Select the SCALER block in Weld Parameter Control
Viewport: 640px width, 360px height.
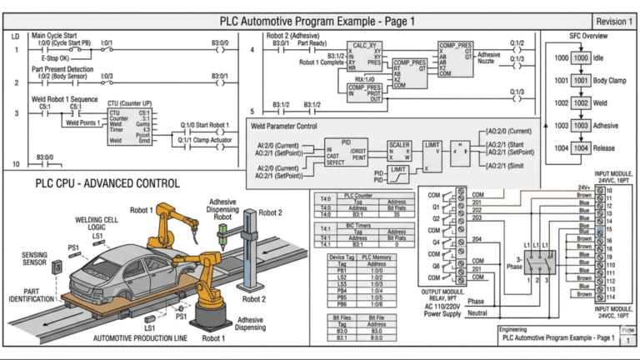400,150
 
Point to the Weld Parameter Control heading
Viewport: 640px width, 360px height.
295,127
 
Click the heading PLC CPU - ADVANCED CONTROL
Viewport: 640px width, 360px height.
107,182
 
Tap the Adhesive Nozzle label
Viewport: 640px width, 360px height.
489,58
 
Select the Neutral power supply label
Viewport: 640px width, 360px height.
477,313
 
